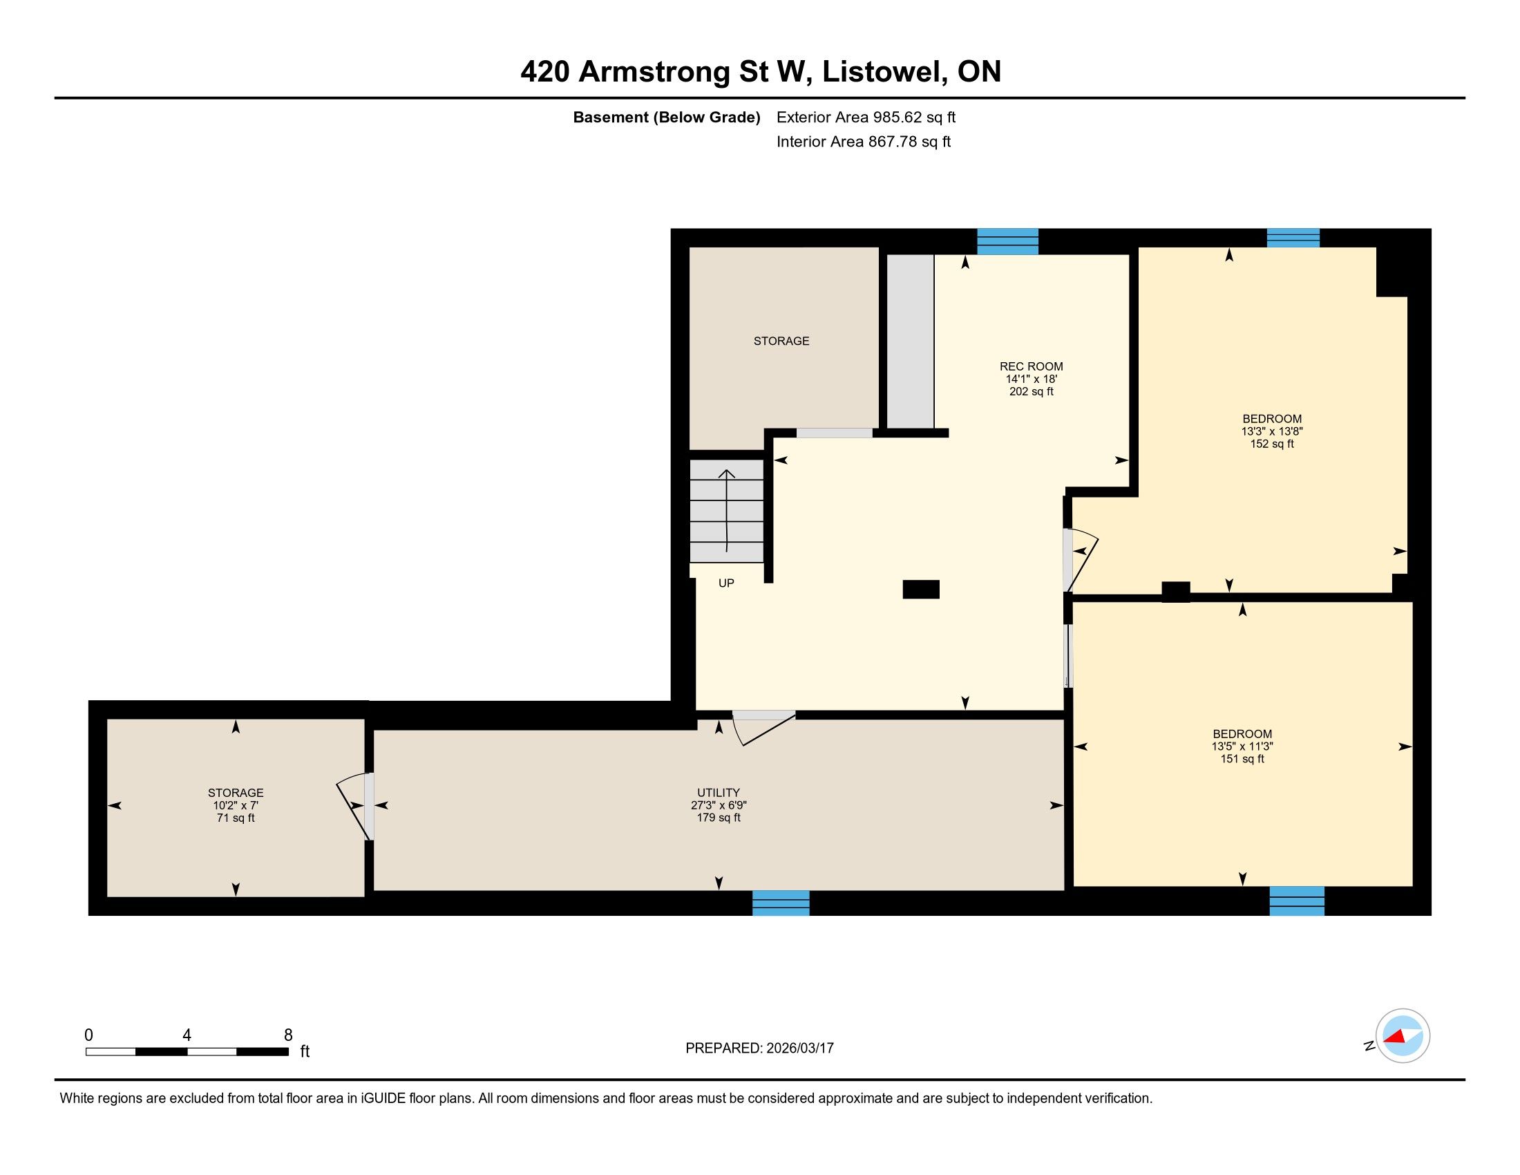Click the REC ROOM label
[1031, 366]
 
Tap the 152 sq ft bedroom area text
[1271, 444]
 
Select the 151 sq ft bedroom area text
[1242, 759]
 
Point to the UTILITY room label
[719, 792]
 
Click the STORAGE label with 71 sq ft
[235, 792]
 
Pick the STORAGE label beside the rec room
[781, 341]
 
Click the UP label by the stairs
[726, 583]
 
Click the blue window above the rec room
[1008, 241]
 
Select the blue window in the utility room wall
[781, 903]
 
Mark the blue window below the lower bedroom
[1297, 901]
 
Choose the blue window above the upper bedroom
[1293, 238]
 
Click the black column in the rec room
[921, 590]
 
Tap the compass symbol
[1403, 1035]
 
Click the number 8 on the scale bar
[288, 1035]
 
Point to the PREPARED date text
[759, 1049]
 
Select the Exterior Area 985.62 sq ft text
[866, 117]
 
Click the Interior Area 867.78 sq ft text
[864, 141]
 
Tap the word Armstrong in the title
[654, 72]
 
